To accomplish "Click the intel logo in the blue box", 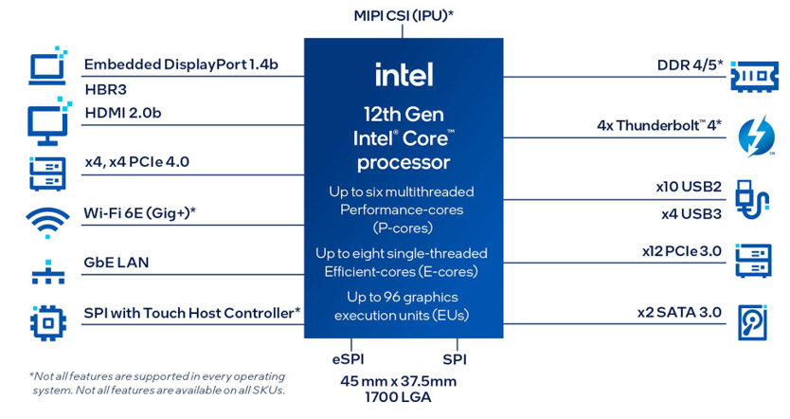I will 404,74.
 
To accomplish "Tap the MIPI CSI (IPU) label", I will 404,14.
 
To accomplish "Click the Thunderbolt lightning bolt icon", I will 757,135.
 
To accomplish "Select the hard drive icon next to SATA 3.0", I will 756,322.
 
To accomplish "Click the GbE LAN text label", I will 116,263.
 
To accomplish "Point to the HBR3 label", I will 105,90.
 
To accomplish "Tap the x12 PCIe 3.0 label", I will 682,251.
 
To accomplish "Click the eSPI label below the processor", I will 348,359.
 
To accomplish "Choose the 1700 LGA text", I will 404,398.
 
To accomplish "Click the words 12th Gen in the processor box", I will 404,114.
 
